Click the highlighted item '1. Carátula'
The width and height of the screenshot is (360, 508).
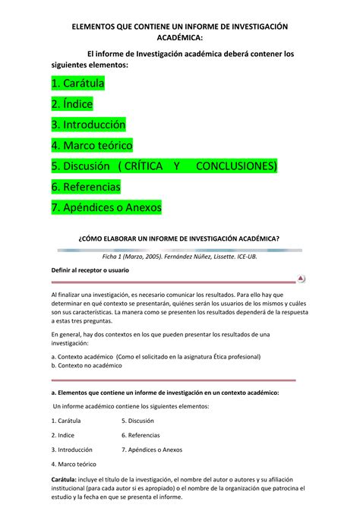[x=77, y=83]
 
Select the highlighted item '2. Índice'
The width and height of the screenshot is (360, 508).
[x=71, y=103]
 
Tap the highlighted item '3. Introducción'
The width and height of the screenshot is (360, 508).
[x=88, y=124]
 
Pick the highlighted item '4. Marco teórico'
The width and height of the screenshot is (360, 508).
[x=92, y=144]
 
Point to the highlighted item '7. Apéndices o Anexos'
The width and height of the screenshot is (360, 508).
[x=106, y=207]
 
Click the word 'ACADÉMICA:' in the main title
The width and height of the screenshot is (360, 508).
[x=180, y=38]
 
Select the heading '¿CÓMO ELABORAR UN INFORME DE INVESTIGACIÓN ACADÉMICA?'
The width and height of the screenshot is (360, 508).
[x=179, y=238]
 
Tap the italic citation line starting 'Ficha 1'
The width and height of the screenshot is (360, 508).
[x=179, y=257]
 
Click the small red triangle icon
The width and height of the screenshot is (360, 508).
[x=302, y=279]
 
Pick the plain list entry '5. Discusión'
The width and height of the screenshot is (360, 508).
[x=137, y=420]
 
